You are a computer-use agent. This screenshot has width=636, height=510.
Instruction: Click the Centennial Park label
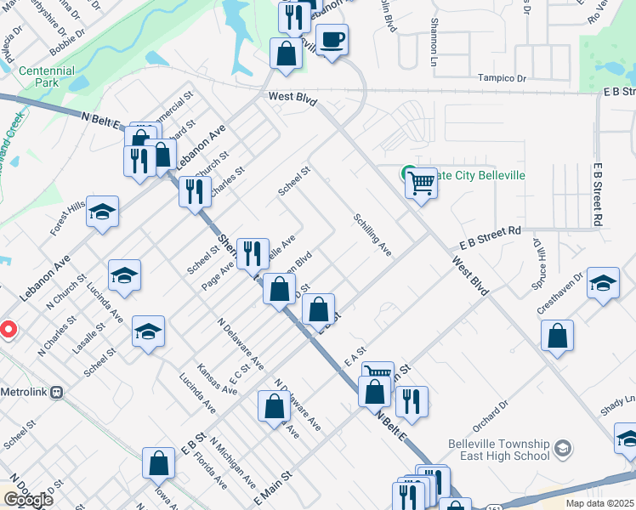click(46, 76)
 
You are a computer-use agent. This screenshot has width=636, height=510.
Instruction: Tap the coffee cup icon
click(332, 38)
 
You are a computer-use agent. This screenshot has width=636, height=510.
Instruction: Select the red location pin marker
click(7, 329)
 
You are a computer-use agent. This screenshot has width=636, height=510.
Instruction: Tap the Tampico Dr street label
click(503, 78)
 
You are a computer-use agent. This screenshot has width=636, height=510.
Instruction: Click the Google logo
click(27, 499)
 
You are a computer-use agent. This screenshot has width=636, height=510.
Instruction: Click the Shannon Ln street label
click(434, 42)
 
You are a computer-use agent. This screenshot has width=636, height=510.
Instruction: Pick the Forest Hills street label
click(67, 218)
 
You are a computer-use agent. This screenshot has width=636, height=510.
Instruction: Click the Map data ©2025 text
click(599, 503)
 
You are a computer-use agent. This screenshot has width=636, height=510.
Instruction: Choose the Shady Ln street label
click(619, 399)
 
